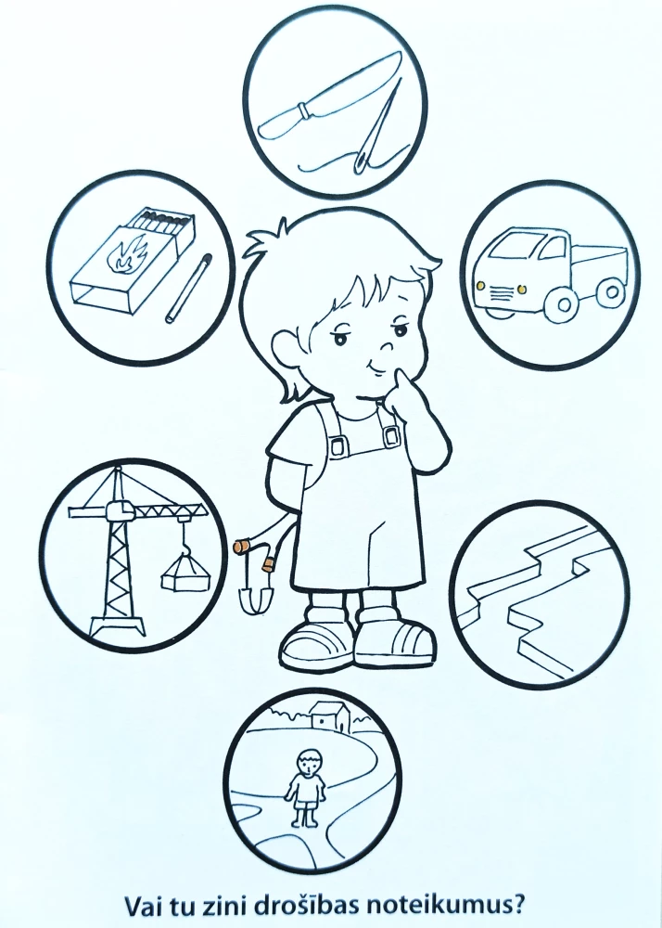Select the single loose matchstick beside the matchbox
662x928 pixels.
(x=188, y=289)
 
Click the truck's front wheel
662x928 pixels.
(x=564, y=304)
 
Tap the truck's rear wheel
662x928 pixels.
(x=611, y=292)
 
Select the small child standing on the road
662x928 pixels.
(x=306, y=787)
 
